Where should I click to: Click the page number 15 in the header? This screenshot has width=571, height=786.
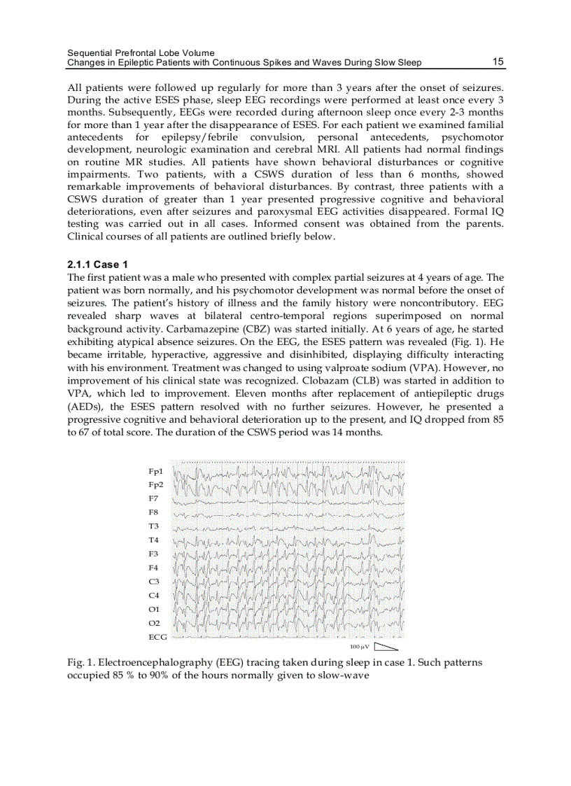pos(498,62)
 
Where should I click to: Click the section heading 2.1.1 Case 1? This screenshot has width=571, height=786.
pos(97,265)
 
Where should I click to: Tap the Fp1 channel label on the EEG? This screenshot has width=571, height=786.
pos(155,472)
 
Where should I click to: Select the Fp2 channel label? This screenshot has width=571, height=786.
pos(155,485)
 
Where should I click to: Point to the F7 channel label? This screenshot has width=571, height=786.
pos(153,499)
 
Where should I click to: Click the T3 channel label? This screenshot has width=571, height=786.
pos(153,526)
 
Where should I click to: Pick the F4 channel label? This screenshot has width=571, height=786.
pos(153,568)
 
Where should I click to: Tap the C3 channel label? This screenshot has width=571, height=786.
pos(154,582)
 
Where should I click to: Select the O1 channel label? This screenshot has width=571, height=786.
pos(154,610)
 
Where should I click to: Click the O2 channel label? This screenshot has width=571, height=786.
pos(154,623)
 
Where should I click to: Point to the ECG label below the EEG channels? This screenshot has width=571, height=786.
pos(157,637)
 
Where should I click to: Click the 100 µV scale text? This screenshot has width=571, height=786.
pos(359,647)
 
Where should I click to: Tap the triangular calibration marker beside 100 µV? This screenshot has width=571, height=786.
pos(386,647)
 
